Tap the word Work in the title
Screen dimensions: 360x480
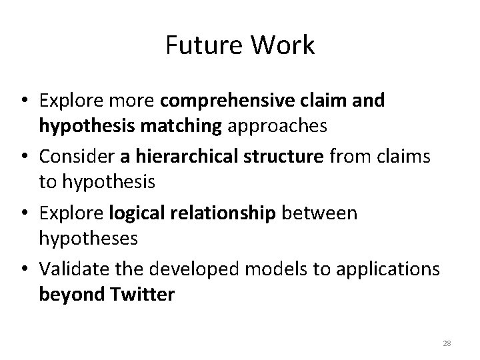click(282, 46)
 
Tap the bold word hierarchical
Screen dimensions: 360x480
click(182, 157)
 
